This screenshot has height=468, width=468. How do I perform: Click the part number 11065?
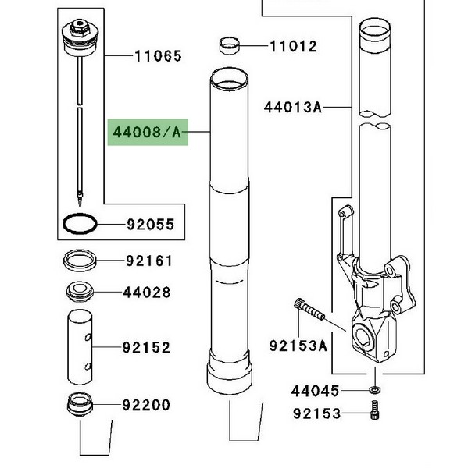pos(158,56)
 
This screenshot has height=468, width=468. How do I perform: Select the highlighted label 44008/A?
pos(148,133)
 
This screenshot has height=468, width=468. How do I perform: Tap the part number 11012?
pos(293,47)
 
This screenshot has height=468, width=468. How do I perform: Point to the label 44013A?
pos(293,107)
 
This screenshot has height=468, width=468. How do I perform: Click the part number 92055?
pos(151,225)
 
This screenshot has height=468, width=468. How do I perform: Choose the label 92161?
pos(149,261)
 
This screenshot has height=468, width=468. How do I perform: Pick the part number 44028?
pos(147,292)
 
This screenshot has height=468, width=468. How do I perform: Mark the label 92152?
pos(147,348)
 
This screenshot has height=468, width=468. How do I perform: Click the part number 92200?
pos(147,405)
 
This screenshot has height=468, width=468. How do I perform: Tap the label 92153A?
pos(298,346)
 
